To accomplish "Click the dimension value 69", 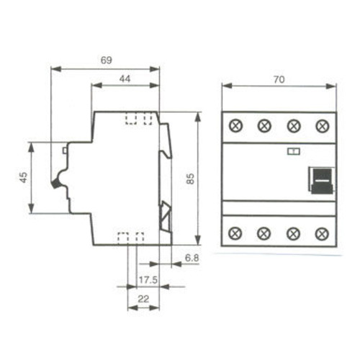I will click(106, 60).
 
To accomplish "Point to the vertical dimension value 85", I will click(190, 178).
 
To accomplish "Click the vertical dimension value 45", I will click(22, 177).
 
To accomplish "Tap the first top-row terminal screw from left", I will click(235, 126).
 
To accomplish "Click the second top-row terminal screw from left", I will click(264, 126).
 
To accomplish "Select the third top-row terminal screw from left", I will click(293, 126).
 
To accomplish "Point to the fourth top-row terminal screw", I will click(322, 126).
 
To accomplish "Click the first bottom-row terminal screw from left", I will click(235, 233).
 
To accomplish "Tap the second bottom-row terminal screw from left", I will click(264, 233).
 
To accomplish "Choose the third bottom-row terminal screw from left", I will click(293, 233).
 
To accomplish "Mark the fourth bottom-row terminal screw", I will click(322, 233).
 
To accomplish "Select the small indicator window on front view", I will click(294, 151).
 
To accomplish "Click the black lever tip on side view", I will click(55, 184).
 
